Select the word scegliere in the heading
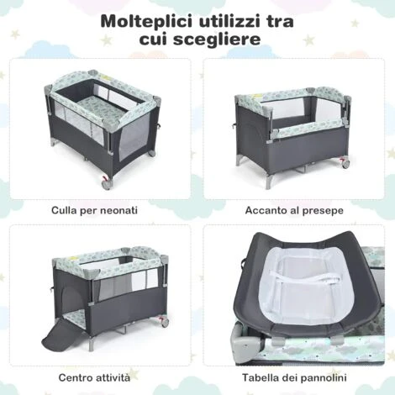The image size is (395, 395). [x=217, y=39]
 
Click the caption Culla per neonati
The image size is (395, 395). [x=94, y=210]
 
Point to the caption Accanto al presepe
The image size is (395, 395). [x=294, y=210]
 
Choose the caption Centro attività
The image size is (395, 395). [x=94, y=377]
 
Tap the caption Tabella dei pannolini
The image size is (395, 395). [x=294, y=377]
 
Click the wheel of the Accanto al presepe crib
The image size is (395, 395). [x=345, y=164]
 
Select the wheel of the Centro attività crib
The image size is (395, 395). [x=165, y=322]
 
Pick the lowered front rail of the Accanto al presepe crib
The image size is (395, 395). [x=309, y=129]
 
